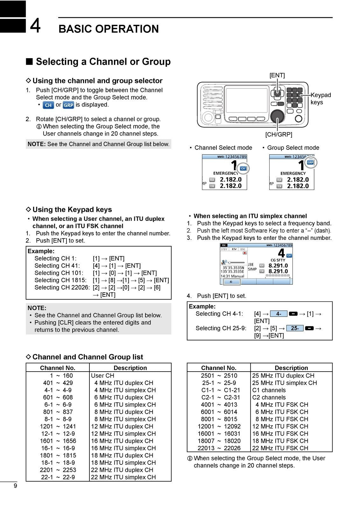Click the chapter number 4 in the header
pyautogui.click(x=35, y=26)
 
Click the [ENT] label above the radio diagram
pyautogui.click(x=277, y=75)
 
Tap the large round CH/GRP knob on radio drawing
pyautogui.click(x=277, y=116)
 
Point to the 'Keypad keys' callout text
pyautogui.click(x=320, y=99)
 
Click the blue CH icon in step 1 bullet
pyautogui.click(x=48, y=105)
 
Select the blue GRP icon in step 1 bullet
pyautogui.click(x=68, y=105)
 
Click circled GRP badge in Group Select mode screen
pyautogui.click(x=310, y=163)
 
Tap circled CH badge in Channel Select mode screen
pyautogui.click(x=243, y=169)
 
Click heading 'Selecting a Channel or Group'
pyautogui.click(x=103, y=61)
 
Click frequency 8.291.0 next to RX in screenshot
pyautogui.click(x=278, y=266)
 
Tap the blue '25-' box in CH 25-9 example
pyautogui.click(x=295, y=328)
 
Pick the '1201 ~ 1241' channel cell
pyautogui.click(x=58, y=426)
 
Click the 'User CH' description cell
pyautogui.click(x=102, y=376)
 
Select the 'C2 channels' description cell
pyautogui.click(x=269, y=397)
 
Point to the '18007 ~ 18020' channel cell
pyautogui.click(x=219, y=441)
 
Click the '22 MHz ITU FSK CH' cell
pyautogui.click(x=280, y=448)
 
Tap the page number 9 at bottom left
pyautogui.click(x=15, y=486)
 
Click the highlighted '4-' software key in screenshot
pyautogui.click(x=231, y=282)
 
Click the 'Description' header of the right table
pyautogui.click(x=291, y=368)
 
